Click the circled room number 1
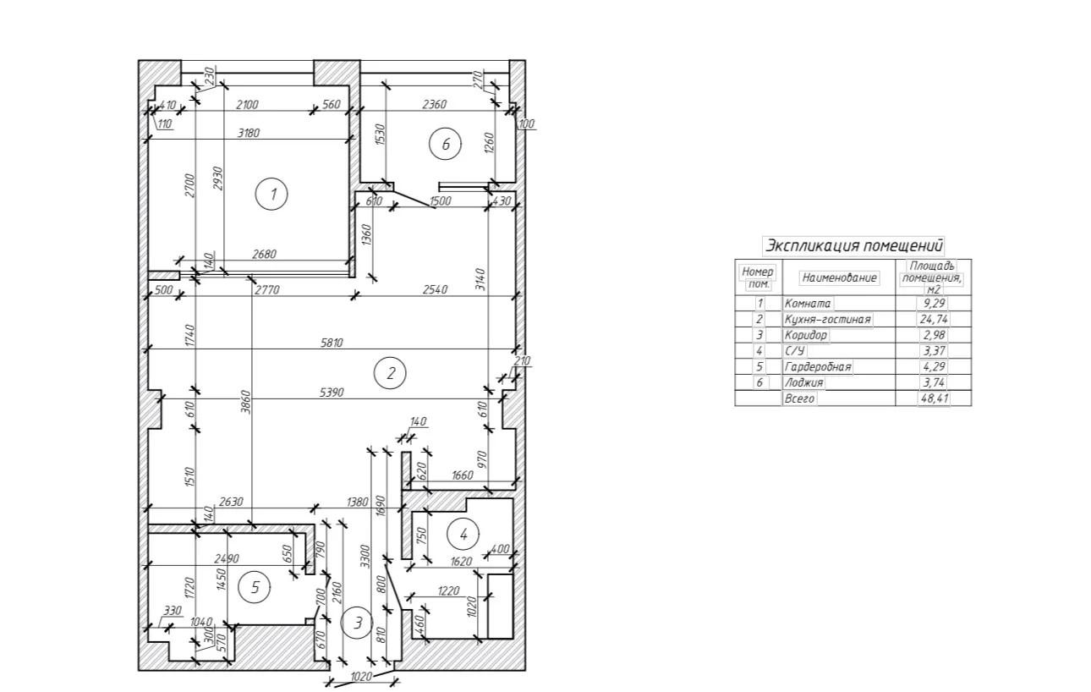coord(272,195)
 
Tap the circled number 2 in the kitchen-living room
coord(391,372)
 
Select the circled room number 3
coord(357,623)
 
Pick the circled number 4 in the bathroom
coord(463,534)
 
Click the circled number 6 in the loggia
coord(446,144)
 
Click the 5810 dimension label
coord(332,343)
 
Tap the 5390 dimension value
coord(332,393)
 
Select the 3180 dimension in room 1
coord(249,133)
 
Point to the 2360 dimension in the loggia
coord(434,104)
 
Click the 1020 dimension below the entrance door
coord(361,677)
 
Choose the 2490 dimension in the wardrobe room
coord(227,558)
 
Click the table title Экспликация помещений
coord(853,246)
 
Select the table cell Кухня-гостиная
coord(827,319)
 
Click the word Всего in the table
coord(800,398)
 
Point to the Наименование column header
coord(839,277)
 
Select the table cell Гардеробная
coord(818,367)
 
